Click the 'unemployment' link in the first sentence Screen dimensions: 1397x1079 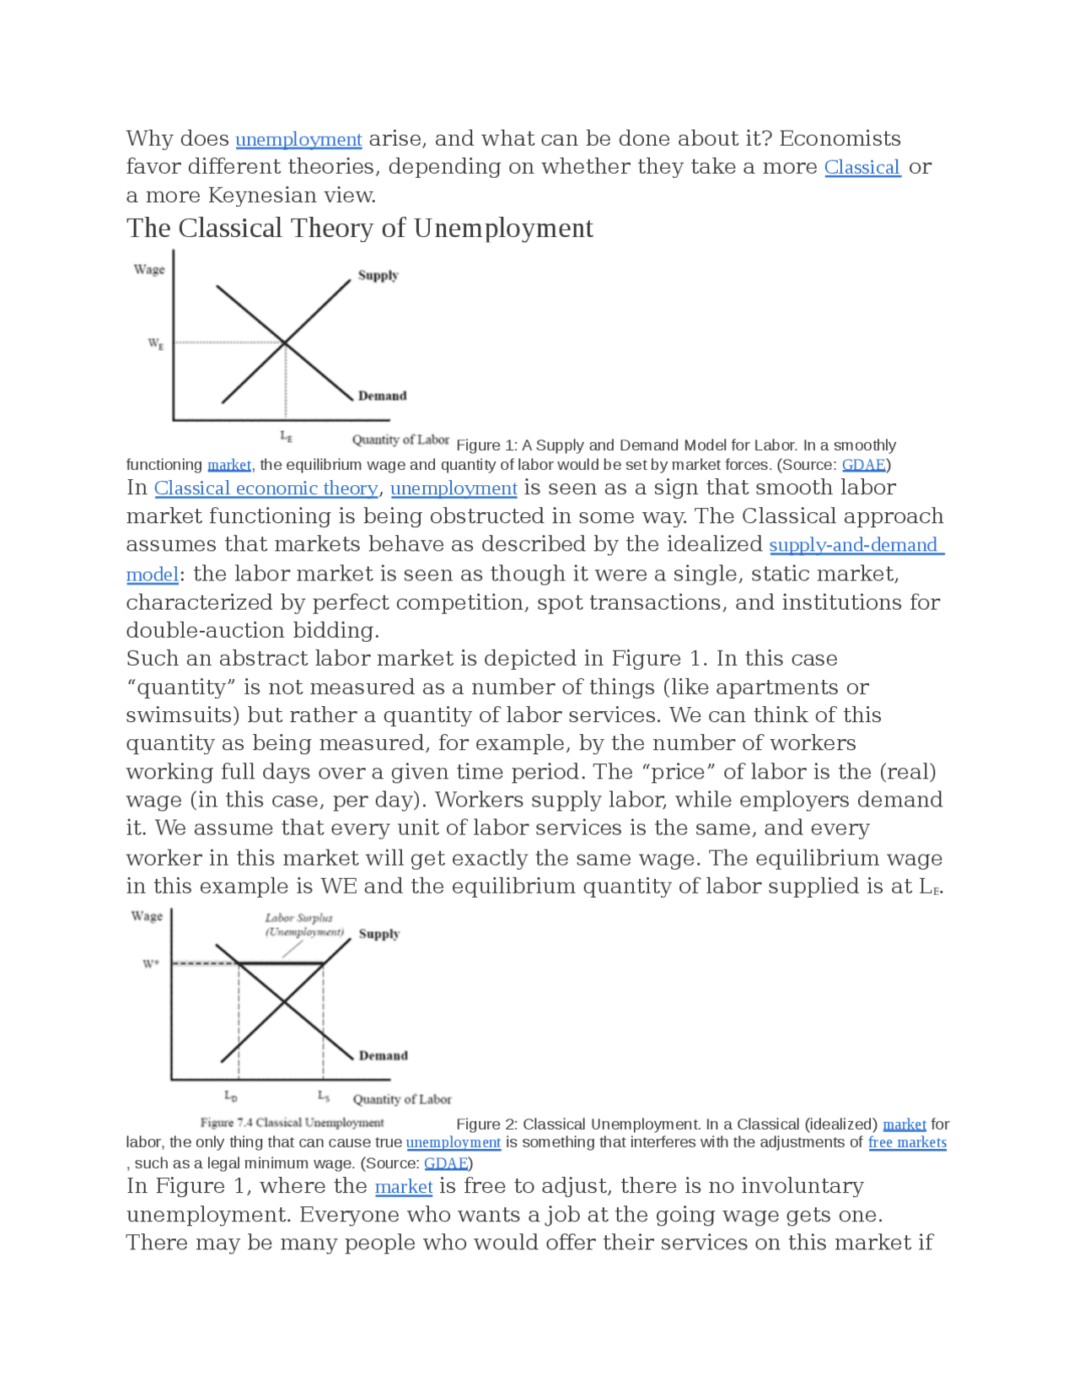tap(298, 139)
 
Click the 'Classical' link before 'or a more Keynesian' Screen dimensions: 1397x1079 tap(862, 167)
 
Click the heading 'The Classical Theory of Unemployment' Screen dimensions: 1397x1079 tap(360, 229)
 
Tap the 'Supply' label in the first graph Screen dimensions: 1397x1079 tap(378, 275)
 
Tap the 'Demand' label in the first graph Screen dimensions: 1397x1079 tap(382, 396)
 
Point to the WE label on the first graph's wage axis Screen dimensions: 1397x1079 tap(156, 343)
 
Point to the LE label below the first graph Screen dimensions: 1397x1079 tap(287, 437)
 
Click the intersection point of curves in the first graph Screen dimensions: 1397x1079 tap(285, 343)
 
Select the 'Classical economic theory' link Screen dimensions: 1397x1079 tap(266, 488)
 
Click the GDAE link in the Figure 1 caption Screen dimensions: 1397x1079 tap(864, 465)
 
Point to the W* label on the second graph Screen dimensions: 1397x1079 tap(150, 963)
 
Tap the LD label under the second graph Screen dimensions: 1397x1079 tap(231, 1096)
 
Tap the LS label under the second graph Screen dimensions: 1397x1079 tap(324, 1096)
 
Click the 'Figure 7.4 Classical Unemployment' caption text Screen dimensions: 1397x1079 tap(292, 1123)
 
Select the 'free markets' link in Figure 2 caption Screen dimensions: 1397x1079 tap(907, 1142)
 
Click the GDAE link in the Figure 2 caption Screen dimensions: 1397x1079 tap(446, 1163)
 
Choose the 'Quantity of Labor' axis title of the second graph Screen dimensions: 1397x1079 tap(402, 1099)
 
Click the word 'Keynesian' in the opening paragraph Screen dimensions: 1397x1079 tap(262, 196)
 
